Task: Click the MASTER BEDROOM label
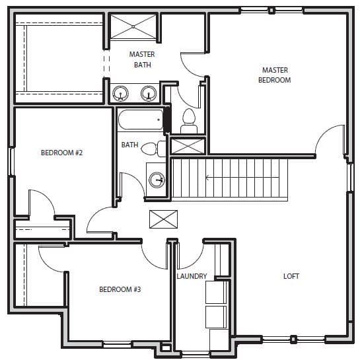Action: pyautogui.click(x=275, y=75)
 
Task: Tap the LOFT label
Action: pyautogui.click(x=291, y=276)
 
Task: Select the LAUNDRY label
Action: pyautogui.click(x=192, y=276)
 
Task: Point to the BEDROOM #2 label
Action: pyautogui.click(x=61, y=153)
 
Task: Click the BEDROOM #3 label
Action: pyautogui.click(x=120, y=289)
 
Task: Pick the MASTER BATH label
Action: pyautogui.click(x=142, y=59)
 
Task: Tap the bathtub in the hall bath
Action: pyautogui.click(x=141, y=120)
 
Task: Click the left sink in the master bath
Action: pyautogui.click(x=120, y=93)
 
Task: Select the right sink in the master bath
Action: pyautogui.click(x=149, y=93)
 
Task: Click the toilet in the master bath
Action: pyautogui.click(x=189, y=121)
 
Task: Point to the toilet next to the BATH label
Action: pyautogui.click(x=153, y=149)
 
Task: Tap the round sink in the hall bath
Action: pyautogui.click(x=157, y=180)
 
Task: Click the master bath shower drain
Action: pyautogui.click(x=133, y=27)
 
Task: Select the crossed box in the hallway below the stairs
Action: pyautogui.click(x=164, y=219)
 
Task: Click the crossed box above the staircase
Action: pyautogui.click(x=188, y=146)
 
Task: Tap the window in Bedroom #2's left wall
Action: pyautogui.click(x=11, y=161)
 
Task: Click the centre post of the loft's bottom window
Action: pyautogui.click(x=293, y=339)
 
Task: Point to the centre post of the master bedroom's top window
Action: pyautogui.click(x=271, y=11)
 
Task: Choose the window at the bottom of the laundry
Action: pyautogui.click(x=196, y=354)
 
